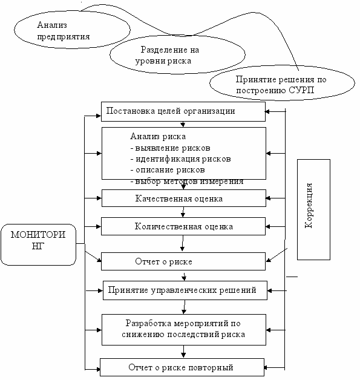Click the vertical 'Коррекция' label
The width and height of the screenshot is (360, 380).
click(x=309, y=206)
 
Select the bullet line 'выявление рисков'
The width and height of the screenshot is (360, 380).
click(x=170, y=148)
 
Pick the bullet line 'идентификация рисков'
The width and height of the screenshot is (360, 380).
click(x=180, y=159)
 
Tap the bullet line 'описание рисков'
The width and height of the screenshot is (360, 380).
click(x=168, y=170)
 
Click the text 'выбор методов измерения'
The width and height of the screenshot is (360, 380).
click(x=187, y=182)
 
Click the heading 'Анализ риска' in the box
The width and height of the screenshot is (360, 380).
click(x=158, y=136)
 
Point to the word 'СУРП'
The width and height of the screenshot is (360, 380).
click(x=301, y=90)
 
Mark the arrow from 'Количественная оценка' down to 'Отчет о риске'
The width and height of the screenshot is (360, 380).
click(x=183, y=243)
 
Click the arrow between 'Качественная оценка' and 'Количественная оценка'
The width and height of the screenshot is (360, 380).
click(x=183, y=212)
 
